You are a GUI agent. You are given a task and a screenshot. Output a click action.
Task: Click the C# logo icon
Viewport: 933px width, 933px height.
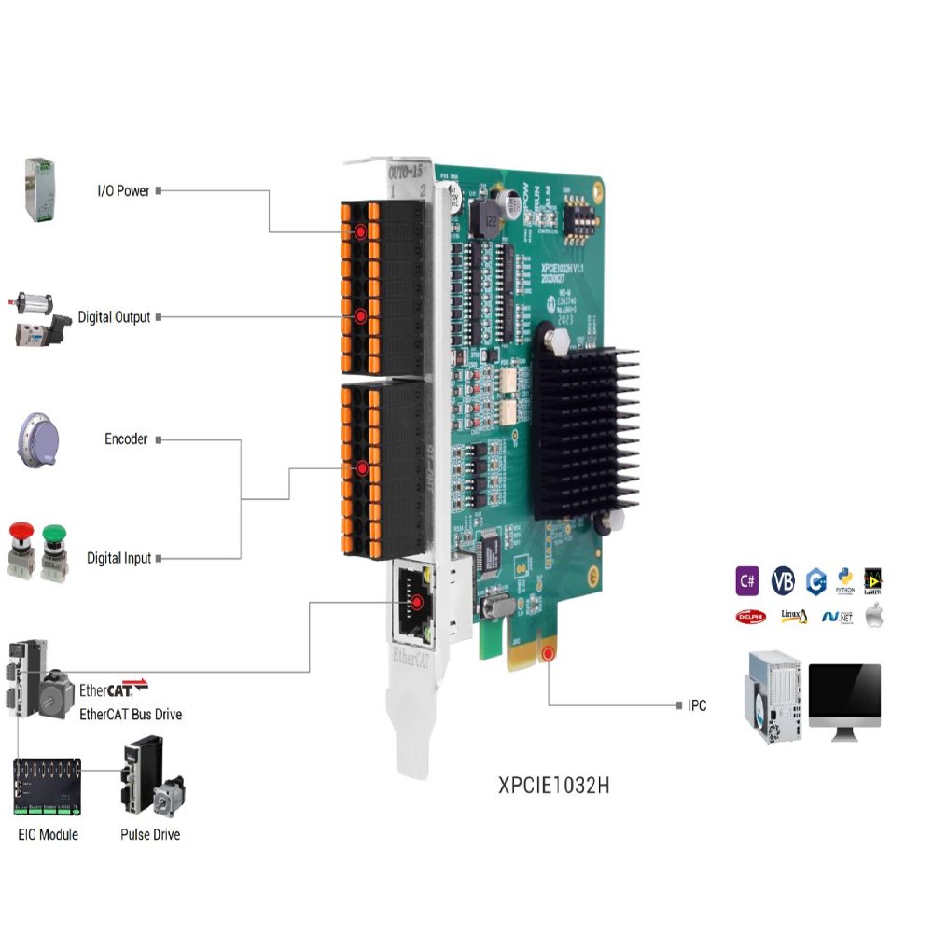pyautogui.click(x=747, y=580)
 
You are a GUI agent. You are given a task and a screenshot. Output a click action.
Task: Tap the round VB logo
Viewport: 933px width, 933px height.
pyautogui.click(x=783, y=580)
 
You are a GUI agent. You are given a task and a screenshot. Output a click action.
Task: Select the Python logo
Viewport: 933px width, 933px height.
pyautogui.click(x=845, y=578)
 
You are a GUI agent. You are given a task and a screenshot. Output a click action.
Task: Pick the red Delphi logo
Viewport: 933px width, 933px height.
pyautogui.click(x=750, y=617)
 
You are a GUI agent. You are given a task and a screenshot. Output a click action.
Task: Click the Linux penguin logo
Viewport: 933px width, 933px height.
pyautogui.click(x=793, y=616)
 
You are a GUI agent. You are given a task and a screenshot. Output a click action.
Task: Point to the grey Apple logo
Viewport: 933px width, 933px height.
pyautogui.click(x=874, y=616)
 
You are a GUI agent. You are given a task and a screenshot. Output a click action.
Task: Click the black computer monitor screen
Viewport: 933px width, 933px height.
pyautogui.click(x=844, y=694)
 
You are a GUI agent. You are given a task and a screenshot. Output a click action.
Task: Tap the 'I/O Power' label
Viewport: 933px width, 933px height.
pyautogui.click(x=123, y=190)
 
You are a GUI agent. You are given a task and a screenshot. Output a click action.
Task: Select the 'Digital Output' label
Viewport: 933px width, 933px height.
pyautogui.click(x=114, y=317)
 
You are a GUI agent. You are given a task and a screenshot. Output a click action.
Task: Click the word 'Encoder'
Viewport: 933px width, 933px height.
pyautogui.click(x=126, y=439)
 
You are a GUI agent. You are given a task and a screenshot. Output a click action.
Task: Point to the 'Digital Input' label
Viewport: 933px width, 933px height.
pyautogui.click(x=118, y=558)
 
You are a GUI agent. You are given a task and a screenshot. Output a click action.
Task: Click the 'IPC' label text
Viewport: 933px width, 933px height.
pyautogui.click(x=697, y=705)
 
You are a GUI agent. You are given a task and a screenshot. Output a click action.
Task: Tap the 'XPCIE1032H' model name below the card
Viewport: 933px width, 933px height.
pyautogui.click(x=554, y=785)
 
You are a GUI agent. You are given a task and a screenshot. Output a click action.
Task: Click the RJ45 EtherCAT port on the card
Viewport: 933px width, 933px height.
pyautogui.click(x=411, y=602)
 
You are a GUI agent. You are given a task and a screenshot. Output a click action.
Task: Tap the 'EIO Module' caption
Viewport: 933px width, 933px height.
pyautogui.click(x=48, y=834)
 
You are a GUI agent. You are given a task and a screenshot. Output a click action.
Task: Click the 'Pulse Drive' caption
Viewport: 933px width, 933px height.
pyautogui.click(x=150, y=834)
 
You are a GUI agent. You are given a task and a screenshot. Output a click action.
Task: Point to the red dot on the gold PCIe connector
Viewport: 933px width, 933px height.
pyautogui.click(x=549, y=654)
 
